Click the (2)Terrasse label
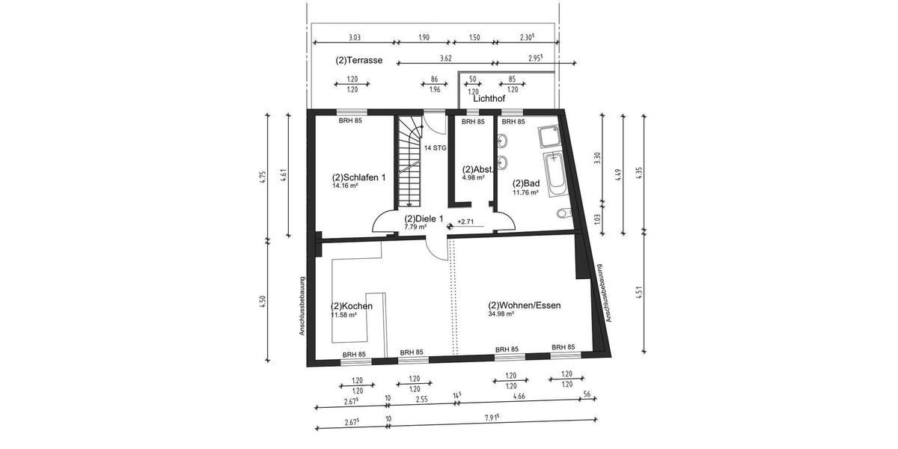(359, 61)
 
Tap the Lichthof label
(489, 98)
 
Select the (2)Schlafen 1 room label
(358, 177)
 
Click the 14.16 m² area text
(345, 186)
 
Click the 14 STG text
(435, 148)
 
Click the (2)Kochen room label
(352, 306)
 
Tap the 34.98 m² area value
(501, 314)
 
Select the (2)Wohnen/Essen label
(525, 305)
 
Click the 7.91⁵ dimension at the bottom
(492, 419)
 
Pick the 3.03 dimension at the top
(355, 37)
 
